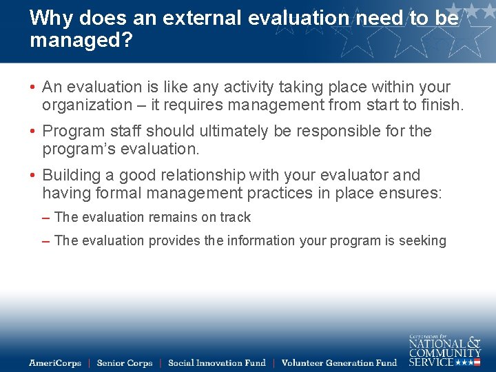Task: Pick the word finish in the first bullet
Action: (442, 105)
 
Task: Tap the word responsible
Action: (335, 131)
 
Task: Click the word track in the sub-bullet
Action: (236, 218)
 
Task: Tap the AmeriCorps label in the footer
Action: (54, 363)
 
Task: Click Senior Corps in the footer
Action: (124, 363)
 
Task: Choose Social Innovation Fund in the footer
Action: (216, 363)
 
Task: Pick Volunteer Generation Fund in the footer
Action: (339, 363)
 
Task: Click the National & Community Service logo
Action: (444, 350)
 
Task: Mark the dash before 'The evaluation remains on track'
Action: (45, 218)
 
